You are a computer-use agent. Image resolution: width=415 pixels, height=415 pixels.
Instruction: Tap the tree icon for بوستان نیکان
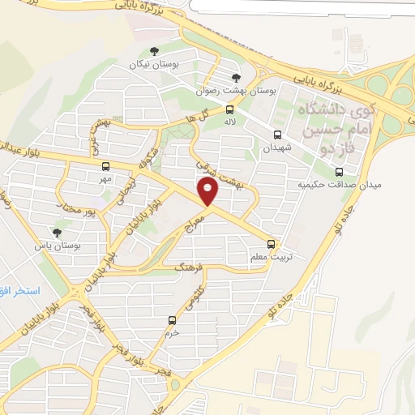click(x=143, y=53)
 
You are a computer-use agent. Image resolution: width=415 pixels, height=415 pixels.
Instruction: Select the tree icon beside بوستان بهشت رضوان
click(x=236, y=77)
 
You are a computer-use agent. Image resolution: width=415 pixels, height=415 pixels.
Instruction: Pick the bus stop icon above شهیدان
click(x=278, y=135)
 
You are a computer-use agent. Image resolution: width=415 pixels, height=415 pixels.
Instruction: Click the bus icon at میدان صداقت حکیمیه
click(x=339, y=171)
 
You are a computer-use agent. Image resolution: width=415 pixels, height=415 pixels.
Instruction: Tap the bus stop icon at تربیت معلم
click(x=272, y=243)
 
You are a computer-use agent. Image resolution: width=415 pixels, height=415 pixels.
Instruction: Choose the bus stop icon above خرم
click(x=171, y=321)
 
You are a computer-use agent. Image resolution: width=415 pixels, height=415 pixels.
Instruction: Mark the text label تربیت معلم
click(x=270, y=255)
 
